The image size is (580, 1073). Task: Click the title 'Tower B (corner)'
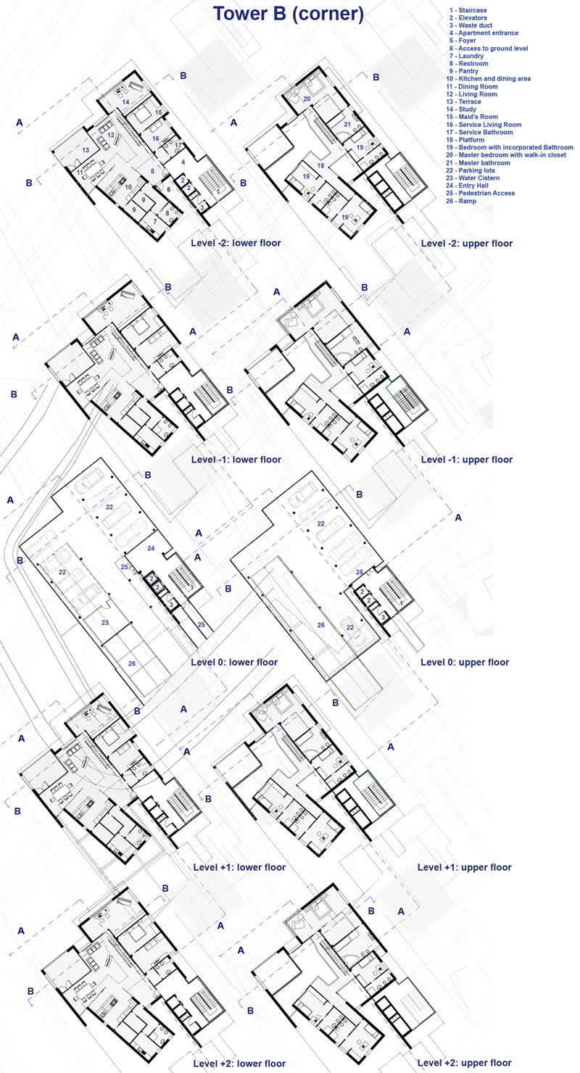(x=289, y=14)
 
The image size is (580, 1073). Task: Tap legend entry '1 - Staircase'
(x=468, y=10)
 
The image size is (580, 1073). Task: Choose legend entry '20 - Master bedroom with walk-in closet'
(x=506, y=155)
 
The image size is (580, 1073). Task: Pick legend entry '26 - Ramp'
(x=461, y=202)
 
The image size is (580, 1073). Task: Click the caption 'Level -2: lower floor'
(x=236, y=243)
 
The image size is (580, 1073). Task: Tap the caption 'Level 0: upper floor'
(x=465, y=663)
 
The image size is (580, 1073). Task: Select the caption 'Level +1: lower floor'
(x=239, y=868)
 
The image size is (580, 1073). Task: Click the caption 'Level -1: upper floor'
(x=466, y=460)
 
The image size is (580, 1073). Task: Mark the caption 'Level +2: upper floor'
(x=465, y=1063)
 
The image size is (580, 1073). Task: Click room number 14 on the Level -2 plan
(x=125, y=102)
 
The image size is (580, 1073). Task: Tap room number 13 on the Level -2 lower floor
(x=86, y=150)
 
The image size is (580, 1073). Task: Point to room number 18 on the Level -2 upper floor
(x=320, y=166)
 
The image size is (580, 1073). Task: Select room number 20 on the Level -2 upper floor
(x=307, y=99)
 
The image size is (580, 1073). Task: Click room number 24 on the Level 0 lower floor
(x=151, y=549)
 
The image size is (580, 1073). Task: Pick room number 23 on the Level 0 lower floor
(x=105, y=623)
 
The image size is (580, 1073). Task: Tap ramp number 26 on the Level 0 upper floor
(x=321, y=625)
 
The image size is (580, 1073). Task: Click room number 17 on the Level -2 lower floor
(x=178, y=146)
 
